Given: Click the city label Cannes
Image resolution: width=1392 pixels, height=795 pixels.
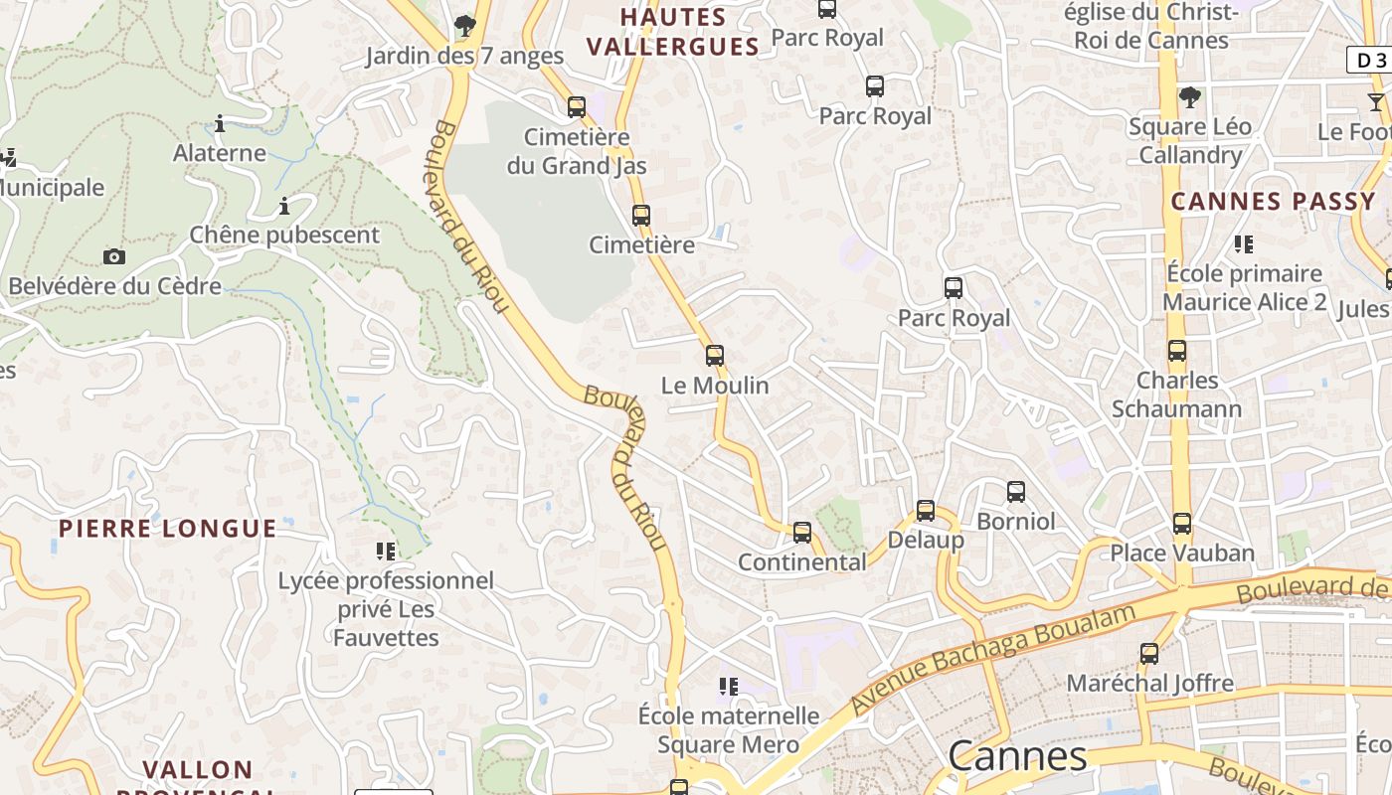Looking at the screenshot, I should coord(1018,756).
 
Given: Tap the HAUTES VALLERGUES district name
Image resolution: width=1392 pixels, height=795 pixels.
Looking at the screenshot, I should coord(673,32).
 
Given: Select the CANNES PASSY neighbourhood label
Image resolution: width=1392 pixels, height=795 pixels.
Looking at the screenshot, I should coord(1273,202).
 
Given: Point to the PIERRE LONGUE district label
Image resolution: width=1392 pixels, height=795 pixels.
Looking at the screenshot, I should coord(167,528).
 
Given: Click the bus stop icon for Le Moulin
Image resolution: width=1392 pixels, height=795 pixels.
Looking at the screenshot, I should coord(714,356).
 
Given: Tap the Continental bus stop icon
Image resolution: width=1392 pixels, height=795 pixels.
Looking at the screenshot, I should coord(802,533).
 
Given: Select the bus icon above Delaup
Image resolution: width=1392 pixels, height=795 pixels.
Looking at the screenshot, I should coord(926,511).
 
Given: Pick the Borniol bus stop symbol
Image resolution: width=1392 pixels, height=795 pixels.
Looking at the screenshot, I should coord(1015,492).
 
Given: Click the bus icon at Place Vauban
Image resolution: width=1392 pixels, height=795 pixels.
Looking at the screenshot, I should coord(1181,524).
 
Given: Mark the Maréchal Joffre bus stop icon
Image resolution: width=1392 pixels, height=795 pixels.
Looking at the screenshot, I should coord(1149,654).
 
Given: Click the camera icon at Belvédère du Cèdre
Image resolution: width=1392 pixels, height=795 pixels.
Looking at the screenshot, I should coord(114,256).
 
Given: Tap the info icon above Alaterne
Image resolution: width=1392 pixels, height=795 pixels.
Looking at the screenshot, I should coord(220,124).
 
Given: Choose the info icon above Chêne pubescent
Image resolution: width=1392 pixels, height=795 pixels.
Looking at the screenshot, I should coord(284,207).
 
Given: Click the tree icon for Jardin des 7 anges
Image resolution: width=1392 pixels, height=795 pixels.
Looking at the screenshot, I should coord(464,26).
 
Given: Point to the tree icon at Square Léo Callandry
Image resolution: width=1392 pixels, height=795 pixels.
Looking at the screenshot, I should coord(1189,97).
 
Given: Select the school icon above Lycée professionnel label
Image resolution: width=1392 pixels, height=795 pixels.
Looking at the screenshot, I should coord(386,551).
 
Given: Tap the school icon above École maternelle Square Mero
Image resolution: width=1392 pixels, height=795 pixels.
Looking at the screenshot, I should coord(729,686).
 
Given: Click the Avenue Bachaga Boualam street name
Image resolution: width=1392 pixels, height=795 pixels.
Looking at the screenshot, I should coord(993,657).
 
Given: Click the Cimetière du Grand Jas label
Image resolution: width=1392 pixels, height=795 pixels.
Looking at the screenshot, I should coord(577,151).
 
